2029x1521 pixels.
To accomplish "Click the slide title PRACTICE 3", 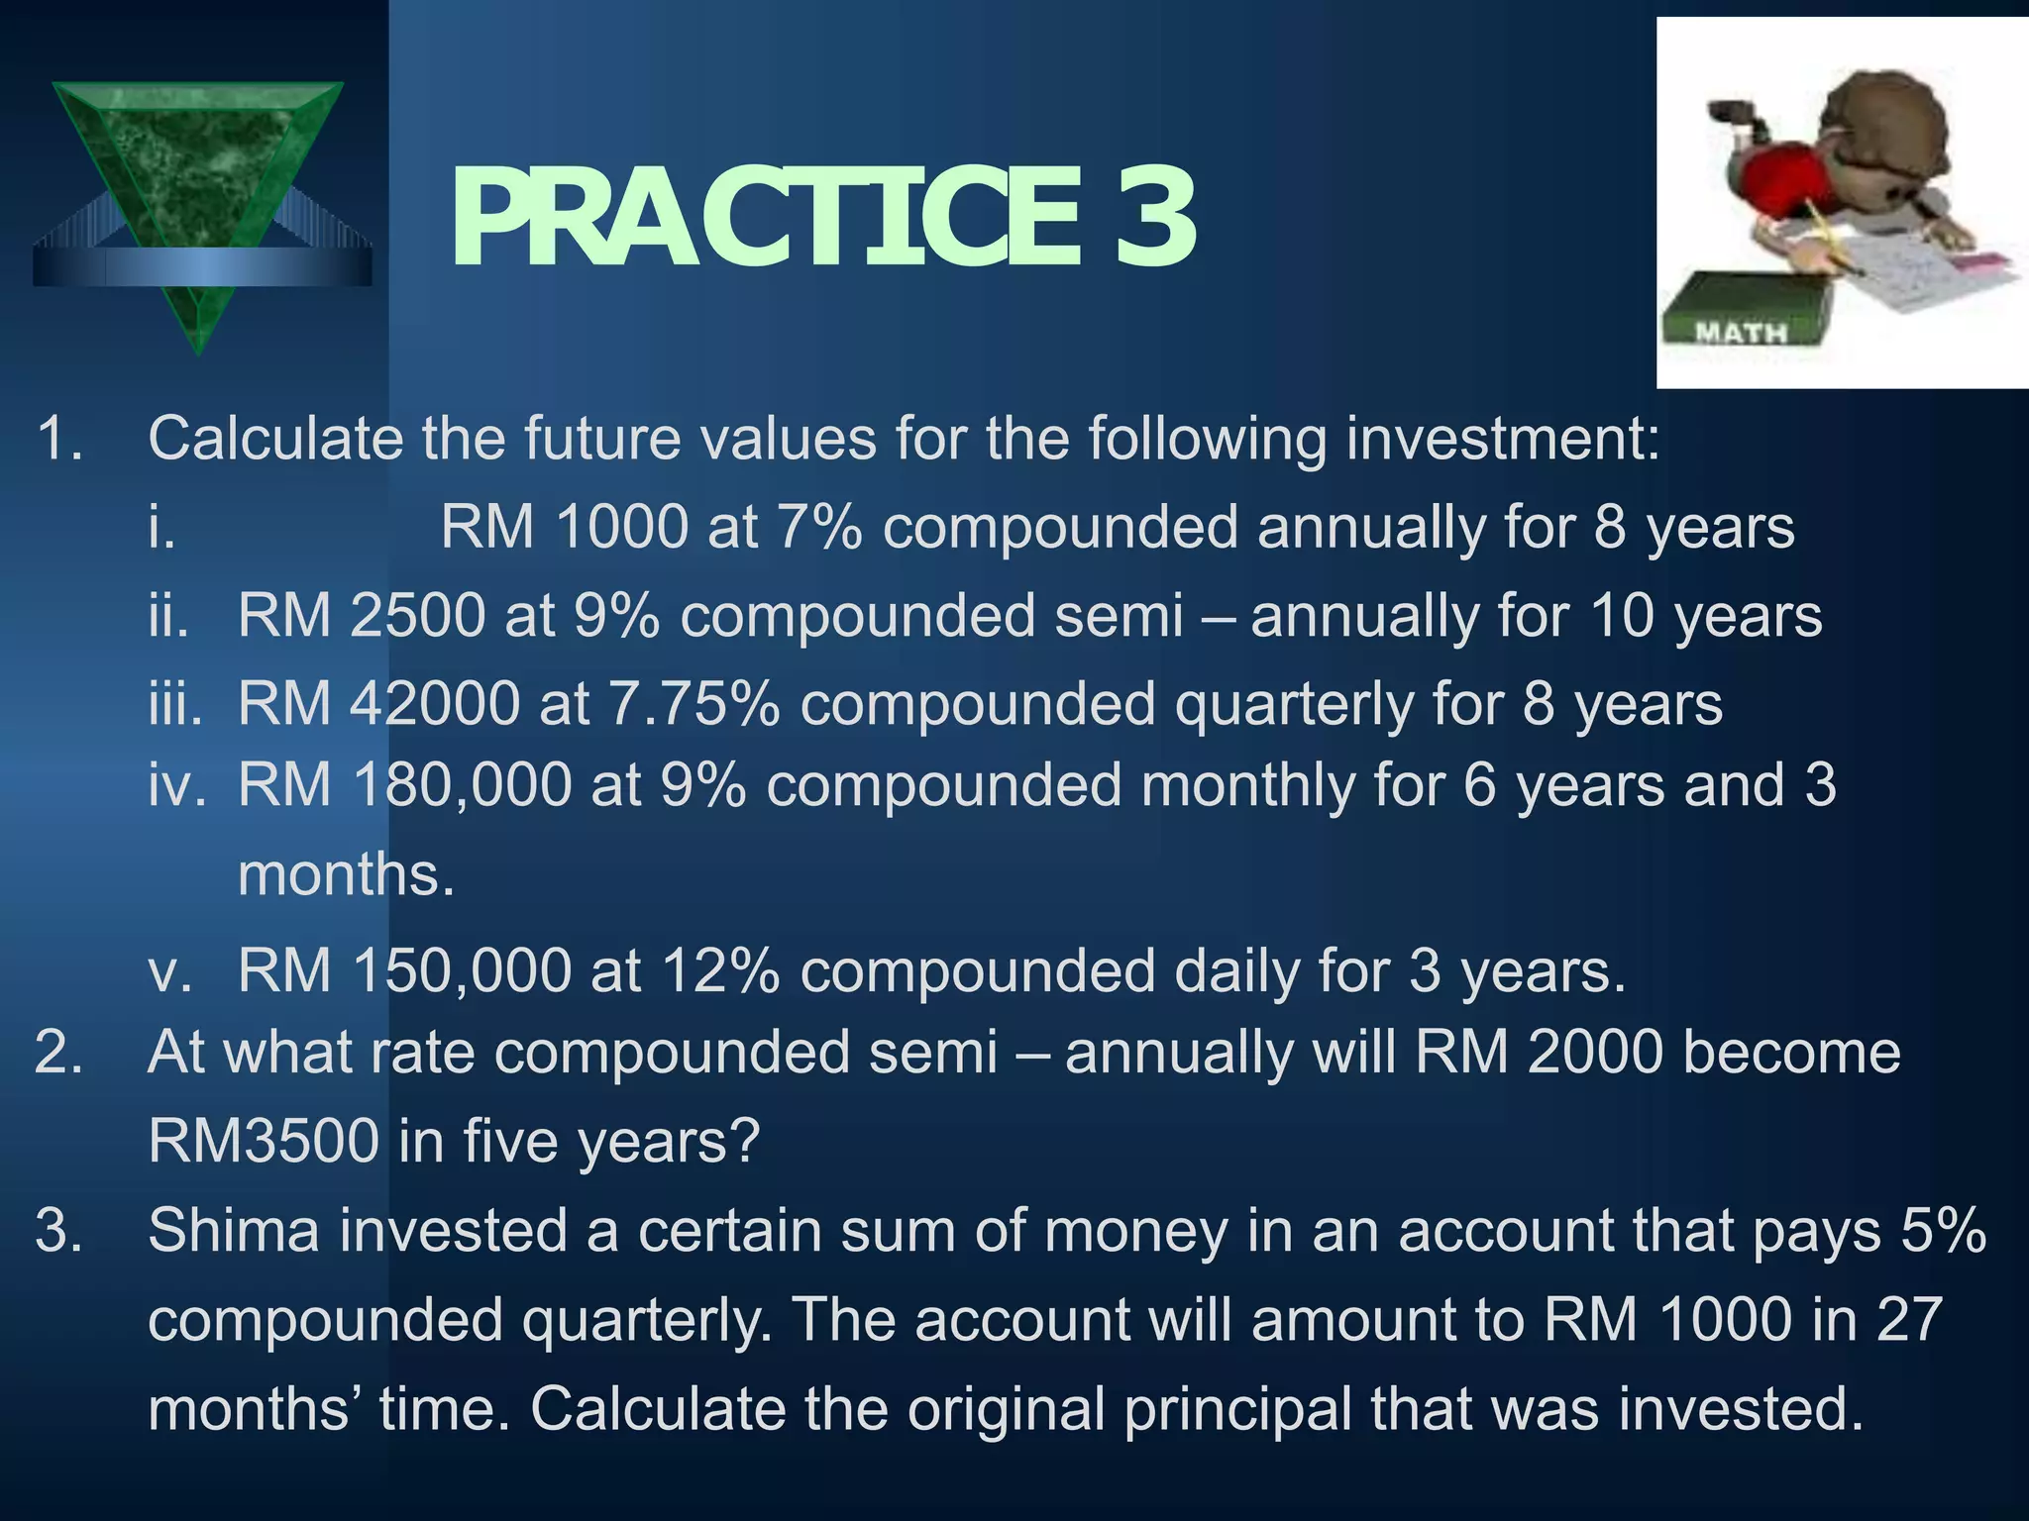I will [x=822, y=219].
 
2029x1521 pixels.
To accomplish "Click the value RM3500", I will [x=264, y=1140].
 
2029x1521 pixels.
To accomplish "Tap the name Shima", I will [x=234, y=1230].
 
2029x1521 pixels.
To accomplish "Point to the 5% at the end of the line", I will [x=1944, y=1230].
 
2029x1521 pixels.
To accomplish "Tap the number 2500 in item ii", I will [x=417, y=615].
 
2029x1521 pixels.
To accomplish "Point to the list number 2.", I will [x=57, y=1052].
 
